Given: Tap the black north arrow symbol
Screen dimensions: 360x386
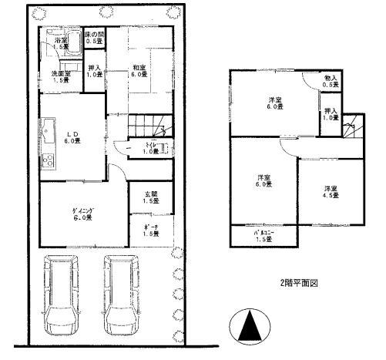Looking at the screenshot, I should point(249,327).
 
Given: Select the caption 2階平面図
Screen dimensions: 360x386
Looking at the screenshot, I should point(299,282).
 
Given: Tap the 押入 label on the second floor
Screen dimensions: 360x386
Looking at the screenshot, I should point(331,114).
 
